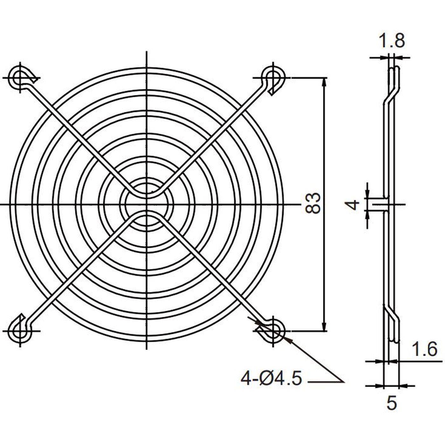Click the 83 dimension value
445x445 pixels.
[313, 203]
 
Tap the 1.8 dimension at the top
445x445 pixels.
[392, 41]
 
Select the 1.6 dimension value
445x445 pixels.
[425, 350]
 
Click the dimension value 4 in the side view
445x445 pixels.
[353, 204]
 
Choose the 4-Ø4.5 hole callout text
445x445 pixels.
[271, 379]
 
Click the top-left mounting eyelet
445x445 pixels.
[21, 77]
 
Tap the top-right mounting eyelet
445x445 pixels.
[273, 77]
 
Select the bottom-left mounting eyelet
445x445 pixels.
[21, 331]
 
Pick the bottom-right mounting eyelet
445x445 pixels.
[273, 331]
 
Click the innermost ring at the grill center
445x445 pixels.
[147, 204]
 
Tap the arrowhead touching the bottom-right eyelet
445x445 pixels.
[287, 340]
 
